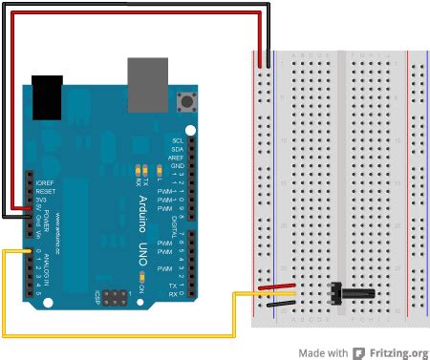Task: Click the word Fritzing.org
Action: [402, 352]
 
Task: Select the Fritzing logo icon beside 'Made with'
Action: [359, 352]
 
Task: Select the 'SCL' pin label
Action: [178, 140]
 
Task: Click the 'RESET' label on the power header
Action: [44, 190]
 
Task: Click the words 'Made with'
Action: [322, 352]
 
